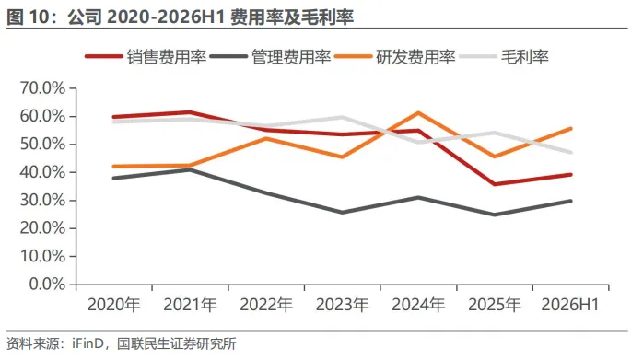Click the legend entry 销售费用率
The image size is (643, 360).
click(146, 56)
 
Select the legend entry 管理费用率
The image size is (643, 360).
click(270, 56)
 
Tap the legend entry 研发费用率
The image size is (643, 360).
click(395, 56)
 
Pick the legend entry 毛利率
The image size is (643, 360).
click(504, 56)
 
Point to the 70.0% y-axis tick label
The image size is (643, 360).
click(42, 88)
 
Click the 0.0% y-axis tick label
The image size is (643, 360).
click(47, 284)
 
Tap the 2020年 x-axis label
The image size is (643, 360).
click(114, 305)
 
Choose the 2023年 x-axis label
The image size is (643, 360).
click(342, 305)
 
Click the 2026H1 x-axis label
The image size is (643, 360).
click(570, 305)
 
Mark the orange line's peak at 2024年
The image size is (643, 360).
click(418, 112)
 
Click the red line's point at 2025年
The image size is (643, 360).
click(494, 184)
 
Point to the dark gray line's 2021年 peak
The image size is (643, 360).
click(190, 169)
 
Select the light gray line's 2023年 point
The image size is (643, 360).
click(342, 118)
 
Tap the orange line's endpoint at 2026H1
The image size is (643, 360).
click(570, 129)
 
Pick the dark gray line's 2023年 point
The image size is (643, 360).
click(342, 213)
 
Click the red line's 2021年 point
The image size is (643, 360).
click(190, 112)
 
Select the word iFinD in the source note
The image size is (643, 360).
click(88, 343)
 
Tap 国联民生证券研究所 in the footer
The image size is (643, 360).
click(176, 343)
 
